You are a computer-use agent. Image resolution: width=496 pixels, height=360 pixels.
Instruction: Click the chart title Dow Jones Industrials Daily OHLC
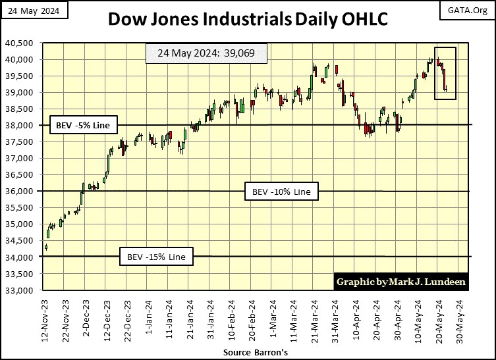coord(247,20)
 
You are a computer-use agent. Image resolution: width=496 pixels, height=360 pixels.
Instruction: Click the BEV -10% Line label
coord(281,192)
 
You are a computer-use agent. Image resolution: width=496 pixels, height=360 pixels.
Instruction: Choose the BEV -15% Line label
coord(156,257)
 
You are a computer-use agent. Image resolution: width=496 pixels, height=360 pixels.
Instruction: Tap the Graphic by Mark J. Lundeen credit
coord(401,281)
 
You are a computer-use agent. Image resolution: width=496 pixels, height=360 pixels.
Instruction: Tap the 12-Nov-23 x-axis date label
coord(45,319)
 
